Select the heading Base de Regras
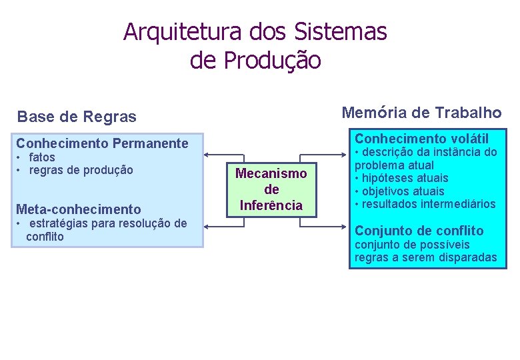click(x=77, y=117)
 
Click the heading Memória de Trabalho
click(x=421, y=113)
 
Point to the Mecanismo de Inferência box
click(x=271, y=189)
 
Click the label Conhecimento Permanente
click(x=102, y=143)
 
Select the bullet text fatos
click(x=42, y=157)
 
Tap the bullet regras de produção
click(x=81, y=170)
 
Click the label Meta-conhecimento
click(x=79, y=209)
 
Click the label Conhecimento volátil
click(x=422, y=139)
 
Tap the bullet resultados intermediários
click(x=429, y=203)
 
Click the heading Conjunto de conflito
click(x=419, y=231)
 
